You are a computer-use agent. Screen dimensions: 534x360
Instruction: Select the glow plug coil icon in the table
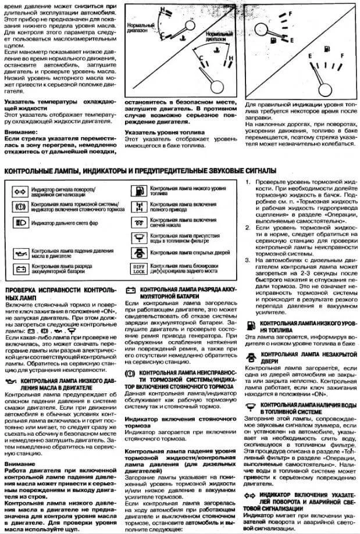coord(136,223)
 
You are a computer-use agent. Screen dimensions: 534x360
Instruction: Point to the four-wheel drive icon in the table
coord(136,206)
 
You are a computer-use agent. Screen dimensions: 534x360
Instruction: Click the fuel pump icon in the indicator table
coord(136,190)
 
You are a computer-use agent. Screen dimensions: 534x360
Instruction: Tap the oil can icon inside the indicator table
coord(22,250)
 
